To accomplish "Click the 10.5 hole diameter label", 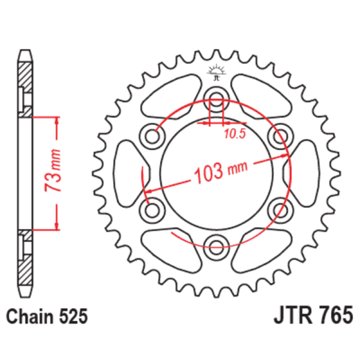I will pos(235,134).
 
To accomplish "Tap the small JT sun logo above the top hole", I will pos(215,73).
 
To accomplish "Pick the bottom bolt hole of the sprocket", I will pos(216,242).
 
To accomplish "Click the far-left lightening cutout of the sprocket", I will pos(127,172).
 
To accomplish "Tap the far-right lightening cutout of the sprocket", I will pos(305,172).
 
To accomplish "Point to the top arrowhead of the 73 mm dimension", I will pos(57,120).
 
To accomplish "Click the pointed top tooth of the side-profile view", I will pos(24,54).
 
